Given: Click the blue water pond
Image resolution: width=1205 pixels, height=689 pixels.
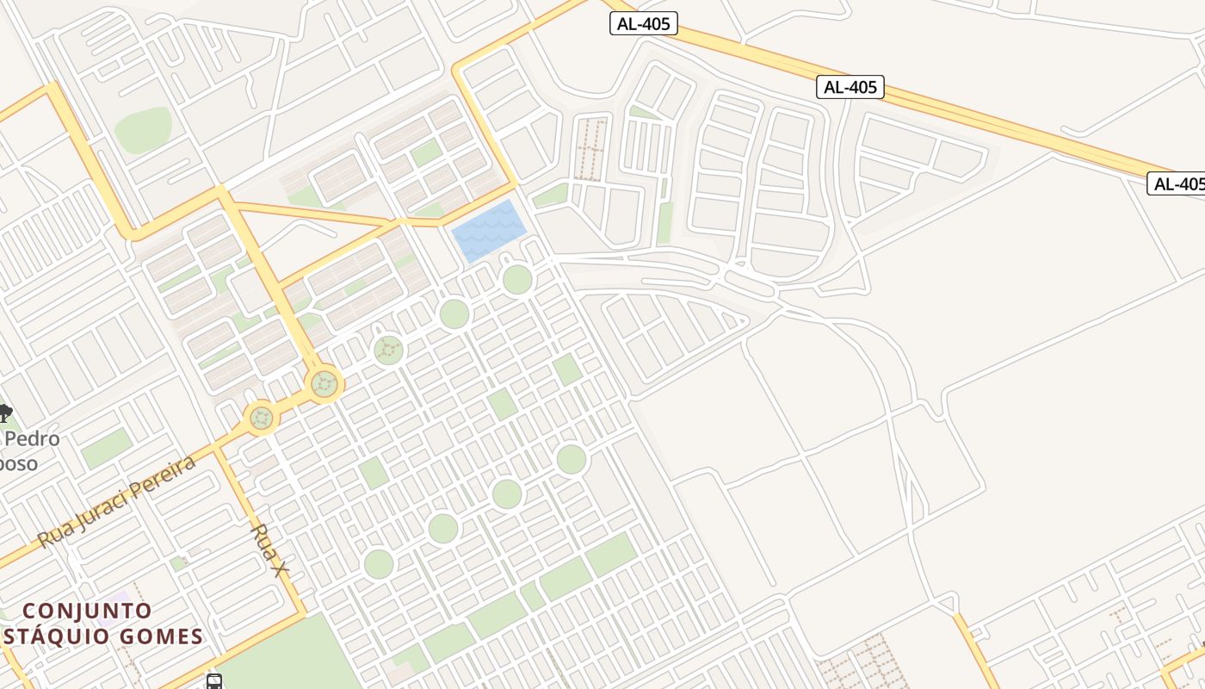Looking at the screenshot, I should (489, 230).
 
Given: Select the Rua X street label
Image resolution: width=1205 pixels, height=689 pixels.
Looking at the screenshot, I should (269, 550).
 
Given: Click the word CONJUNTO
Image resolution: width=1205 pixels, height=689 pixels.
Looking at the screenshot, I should (87, 611).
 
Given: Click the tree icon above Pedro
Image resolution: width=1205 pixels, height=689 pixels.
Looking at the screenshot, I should (4, 413).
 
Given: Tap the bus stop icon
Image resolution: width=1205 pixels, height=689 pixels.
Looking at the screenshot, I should (214, 681).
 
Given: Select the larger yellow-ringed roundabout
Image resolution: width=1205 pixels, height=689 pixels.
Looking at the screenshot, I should (324, 383).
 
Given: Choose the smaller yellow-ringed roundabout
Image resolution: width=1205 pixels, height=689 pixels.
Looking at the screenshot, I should (262, 419).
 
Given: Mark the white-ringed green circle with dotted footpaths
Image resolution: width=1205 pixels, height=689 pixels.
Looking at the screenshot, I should (388, 350).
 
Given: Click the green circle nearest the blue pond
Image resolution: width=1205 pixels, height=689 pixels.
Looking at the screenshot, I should (517, 280).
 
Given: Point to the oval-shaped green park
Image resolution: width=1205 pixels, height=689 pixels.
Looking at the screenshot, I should (143, 130).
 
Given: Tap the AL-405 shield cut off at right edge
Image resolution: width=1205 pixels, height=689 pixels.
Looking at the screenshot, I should (1177, 183).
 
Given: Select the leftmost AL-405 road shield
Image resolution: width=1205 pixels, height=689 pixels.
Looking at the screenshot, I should (643, 23).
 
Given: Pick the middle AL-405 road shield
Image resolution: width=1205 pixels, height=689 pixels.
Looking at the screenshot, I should (850, 86).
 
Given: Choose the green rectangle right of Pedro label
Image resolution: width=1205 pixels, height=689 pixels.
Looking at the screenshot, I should (107, 449).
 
